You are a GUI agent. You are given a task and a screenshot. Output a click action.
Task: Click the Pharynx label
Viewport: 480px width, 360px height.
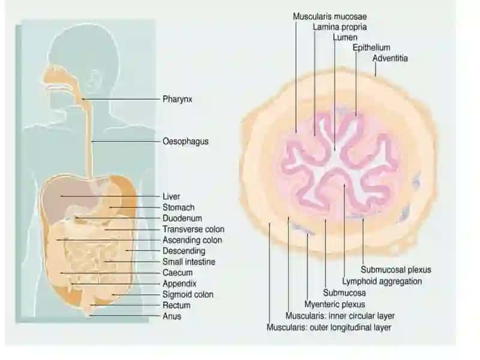(x=177, y=99)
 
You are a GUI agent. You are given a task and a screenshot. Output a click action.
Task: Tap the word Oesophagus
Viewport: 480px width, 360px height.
(x=185, y=142)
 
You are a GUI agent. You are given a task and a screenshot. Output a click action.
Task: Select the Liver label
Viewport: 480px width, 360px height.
(x=171, y=196)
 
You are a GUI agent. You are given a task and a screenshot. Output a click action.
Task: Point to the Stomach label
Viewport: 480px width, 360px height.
(x=178, y=207)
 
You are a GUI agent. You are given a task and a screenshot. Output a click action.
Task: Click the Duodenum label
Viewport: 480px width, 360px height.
(x=182, y=218)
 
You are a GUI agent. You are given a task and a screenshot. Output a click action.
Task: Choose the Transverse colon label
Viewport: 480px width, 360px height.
(x=193, y=229)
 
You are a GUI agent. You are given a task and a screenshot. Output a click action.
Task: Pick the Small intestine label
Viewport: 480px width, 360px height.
(x=189, y=262)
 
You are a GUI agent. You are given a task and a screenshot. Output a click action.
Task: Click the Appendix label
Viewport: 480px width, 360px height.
(x=179, y=284)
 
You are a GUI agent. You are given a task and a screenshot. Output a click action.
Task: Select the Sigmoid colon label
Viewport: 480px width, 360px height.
(x=188, y=295)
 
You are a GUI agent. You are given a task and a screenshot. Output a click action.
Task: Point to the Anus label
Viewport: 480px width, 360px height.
(x=172, y=316)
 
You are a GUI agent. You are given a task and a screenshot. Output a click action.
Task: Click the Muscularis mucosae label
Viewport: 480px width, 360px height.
(x=329, y=17)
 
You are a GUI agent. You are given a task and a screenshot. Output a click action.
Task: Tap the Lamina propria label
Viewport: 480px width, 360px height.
(x=340, y=27)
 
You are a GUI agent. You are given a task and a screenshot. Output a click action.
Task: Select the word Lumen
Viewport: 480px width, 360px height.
(x=345, y=37)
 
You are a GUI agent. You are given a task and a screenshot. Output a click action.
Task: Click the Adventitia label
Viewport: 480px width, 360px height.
(x=390, y=58)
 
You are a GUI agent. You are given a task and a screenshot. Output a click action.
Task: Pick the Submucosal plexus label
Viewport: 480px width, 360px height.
(x=396, y=269)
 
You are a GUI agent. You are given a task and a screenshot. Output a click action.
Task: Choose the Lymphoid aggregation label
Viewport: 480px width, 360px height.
(x=382, y=281)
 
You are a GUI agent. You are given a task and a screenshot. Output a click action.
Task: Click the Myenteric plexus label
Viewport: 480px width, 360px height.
(x=335, y=304)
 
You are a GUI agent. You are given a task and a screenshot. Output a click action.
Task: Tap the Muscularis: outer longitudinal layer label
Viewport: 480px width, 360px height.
(x=329, y=327)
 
